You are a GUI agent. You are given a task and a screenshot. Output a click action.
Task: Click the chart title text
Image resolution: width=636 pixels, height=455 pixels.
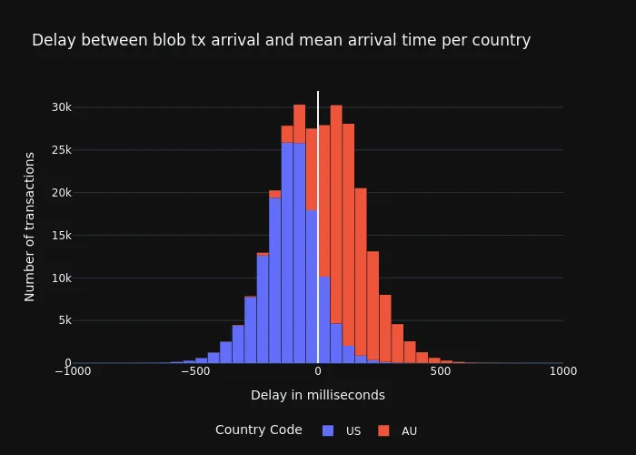(281, 40)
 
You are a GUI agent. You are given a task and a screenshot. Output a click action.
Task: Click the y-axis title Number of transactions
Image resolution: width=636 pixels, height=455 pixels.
(30, 227)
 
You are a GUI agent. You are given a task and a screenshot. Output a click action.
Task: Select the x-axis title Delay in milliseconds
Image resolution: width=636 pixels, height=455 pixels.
(317, 395)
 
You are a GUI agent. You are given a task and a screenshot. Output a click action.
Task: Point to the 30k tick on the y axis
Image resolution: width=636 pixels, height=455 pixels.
(61, 107)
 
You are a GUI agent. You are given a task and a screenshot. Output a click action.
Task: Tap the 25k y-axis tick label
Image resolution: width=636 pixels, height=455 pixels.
(61, 150)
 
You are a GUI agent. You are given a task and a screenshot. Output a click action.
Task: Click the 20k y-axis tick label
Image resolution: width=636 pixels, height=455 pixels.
(61, 193)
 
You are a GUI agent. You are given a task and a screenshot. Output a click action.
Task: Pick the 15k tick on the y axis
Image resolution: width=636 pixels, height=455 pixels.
(61, 236)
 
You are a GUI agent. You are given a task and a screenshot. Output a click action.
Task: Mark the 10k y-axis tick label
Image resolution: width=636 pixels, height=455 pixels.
(61, 278)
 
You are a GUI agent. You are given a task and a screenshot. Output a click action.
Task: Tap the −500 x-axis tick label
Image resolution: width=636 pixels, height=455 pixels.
(194, 371)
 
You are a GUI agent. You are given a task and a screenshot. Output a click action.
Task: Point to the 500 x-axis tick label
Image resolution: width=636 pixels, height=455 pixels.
(441, 371)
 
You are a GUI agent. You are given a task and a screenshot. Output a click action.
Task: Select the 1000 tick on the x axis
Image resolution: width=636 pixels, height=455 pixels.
(562, 371)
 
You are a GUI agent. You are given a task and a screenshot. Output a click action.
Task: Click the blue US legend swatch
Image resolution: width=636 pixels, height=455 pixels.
(328, 430)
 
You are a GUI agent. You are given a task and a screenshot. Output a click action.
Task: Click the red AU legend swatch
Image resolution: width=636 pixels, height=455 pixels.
(383, 430)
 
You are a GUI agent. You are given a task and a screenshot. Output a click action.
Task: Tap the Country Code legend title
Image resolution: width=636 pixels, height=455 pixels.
(258, 430)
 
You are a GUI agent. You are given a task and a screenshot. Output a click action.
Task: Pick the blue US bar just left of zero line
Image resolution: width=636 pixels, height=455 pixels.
(312, 287)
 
